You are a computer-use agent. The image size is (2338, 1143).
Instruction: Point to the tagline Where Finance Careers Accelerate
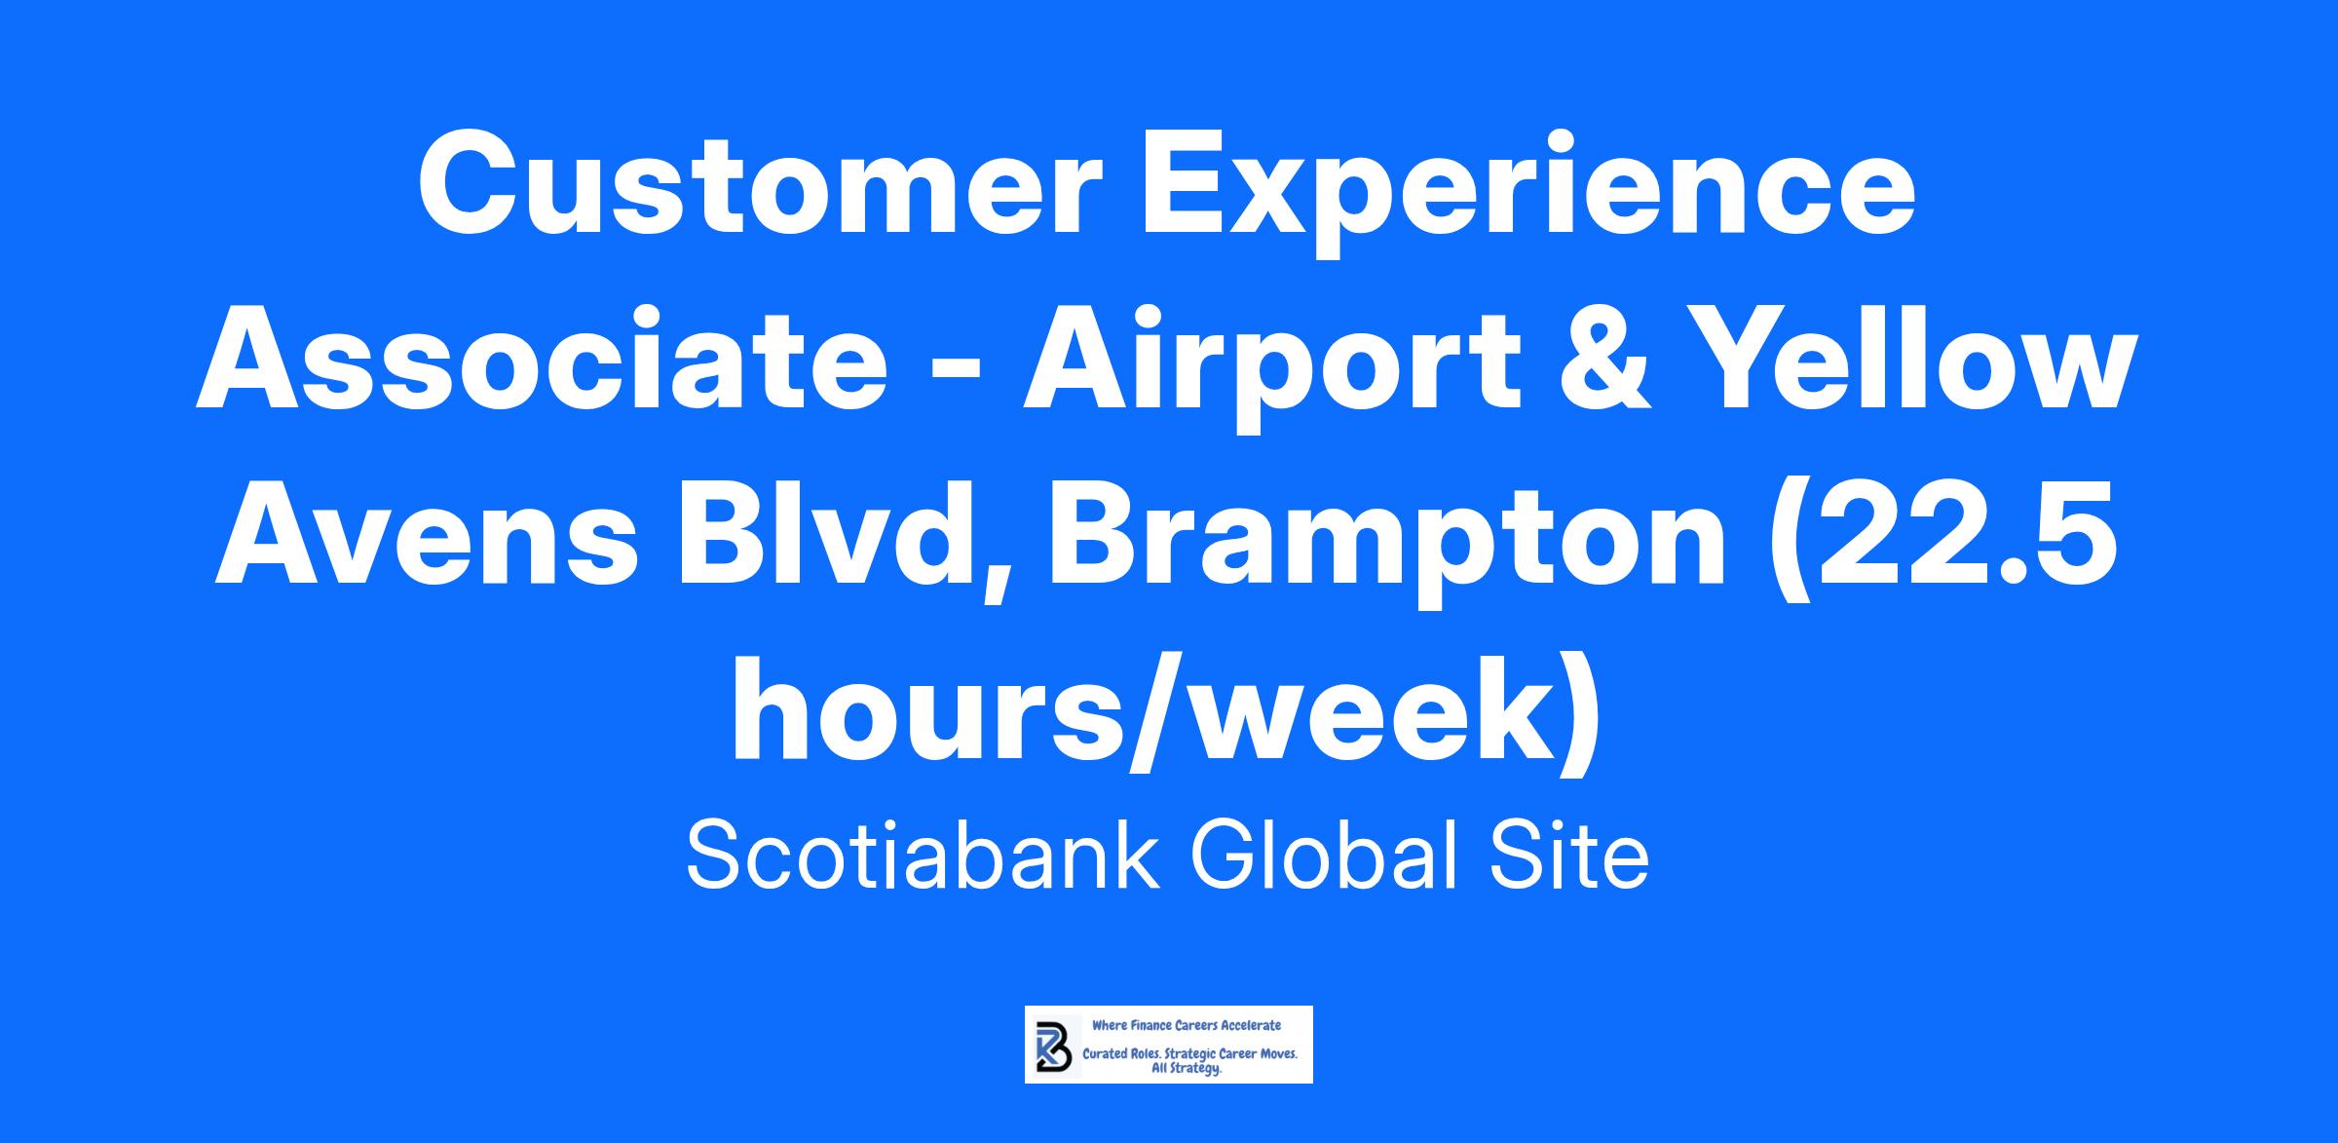coord(1187,1025)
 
